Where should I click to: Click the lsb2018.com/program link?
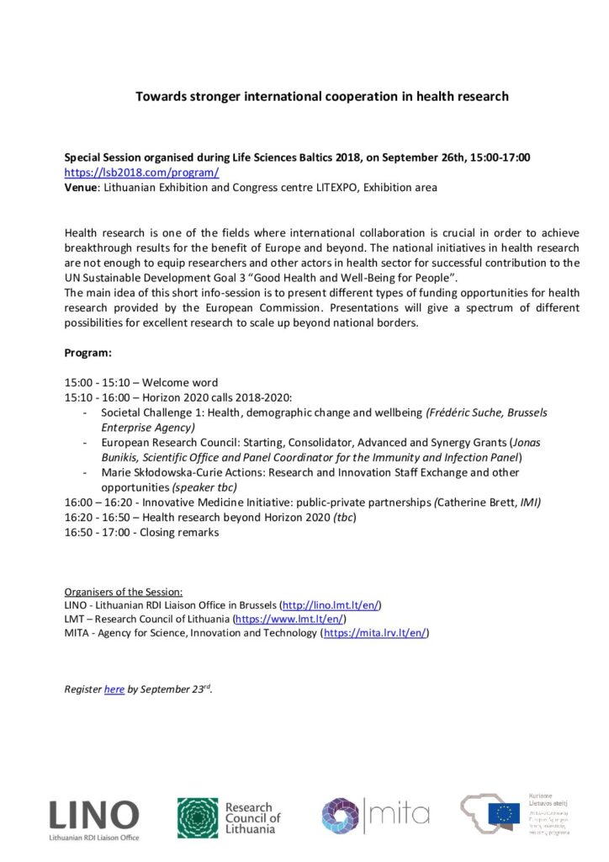point(142,173)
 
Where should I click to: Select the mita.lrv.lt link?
point(375,632)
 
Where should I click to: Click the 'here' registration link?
point(114,689)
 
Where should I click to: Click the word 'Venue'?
point(82,187)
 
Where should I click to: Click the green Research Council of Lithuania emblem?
point(197,817)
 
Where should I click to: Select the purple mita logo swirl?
point(340,816)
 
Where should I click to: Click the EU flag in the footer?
point(505,812)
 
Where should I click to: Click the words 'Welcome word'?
point(186,383)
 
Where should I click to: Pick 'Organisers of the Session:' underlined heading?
point(124,591)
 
